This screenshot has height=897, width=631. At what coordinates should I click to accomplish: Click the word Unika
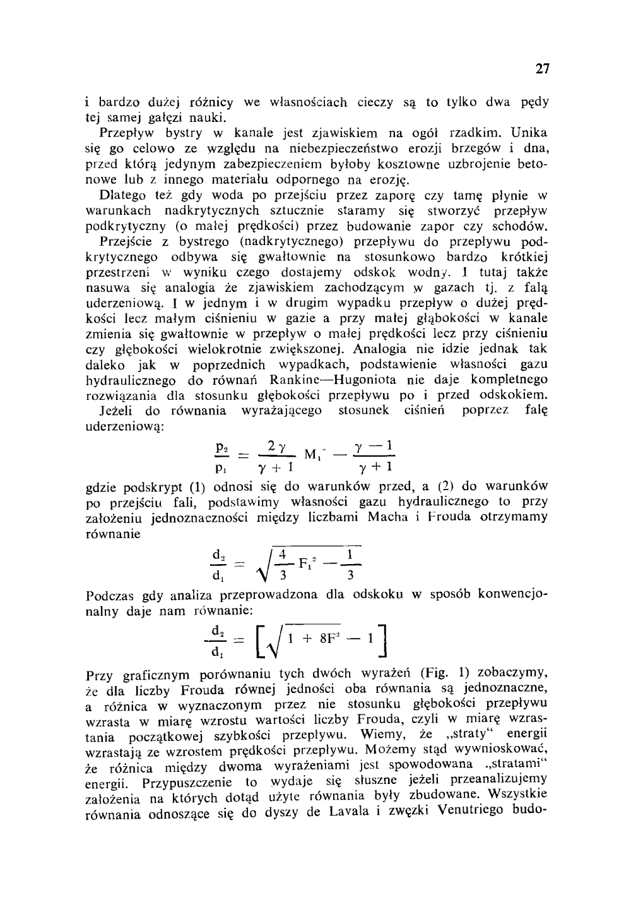(529, 133)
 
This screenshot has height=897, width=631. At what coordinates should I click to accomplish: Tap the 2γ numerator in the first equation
(276, 447)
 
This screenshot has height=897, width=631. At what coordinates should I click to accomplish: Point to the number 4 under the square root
(283, 554)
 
